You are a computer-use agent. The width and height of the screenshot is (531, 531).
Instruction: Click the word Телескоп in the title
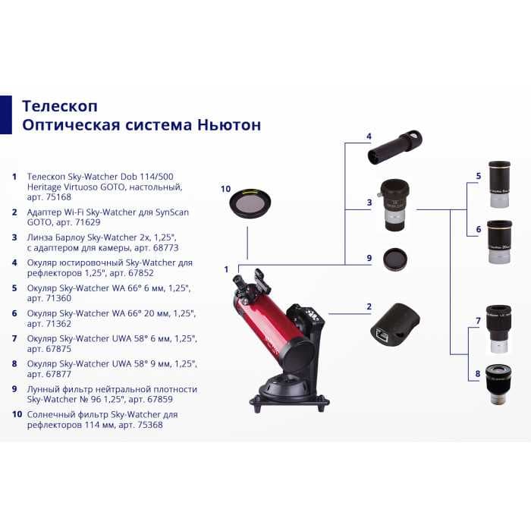click(60, 105)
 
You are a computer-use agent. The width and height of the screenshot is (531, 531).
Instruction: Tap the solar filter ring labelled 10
click(249, 203)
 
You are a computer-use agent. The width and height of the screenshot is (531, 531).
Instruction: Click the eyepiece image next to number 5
click(498, 183)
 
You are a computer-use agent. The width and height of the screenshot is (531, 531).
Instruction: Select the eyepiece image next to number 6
click(498, 240)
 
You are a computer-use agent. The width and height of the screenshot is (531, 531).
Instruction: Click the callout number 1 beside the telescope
click(226, 269)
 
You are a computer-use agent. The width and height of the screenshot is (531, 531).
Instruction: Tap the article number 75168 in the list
click(57, 196)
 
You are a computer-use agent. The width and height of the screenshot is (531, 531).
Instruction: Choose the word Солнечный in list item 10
click(52, 415)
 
